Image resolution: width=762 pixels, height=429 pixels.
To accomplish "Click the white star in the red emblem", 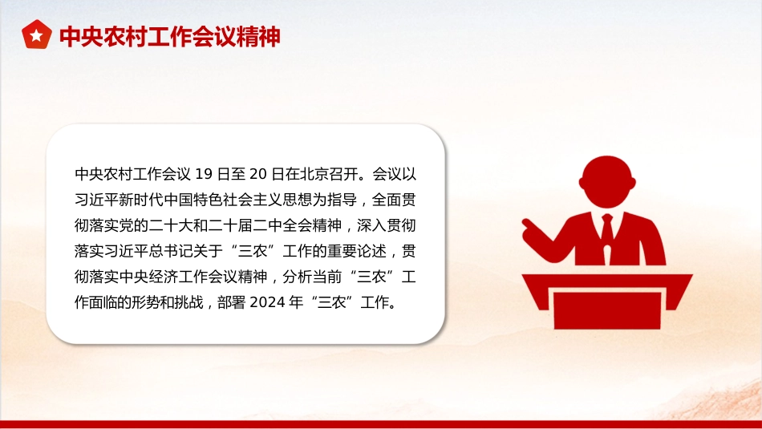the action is coord(36,35).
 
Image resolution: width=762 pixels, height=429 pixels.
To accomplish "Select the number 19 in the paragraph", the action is coord(203,174).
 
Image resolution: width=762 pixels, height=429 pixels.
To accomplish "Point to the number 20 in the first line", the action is coord(257,174).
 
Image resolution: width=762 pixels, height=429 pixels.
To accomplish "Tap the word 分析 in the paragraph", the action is coord(297,277).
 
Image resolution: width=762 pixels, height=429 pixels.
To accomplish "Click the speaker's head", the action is coord(607,182).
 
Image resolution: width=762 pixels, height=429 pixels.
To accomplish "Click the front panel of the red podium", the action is coord(607,310).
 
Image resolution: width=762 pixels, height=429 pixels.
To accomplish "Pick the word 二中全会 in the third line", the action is coord(282,225).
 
